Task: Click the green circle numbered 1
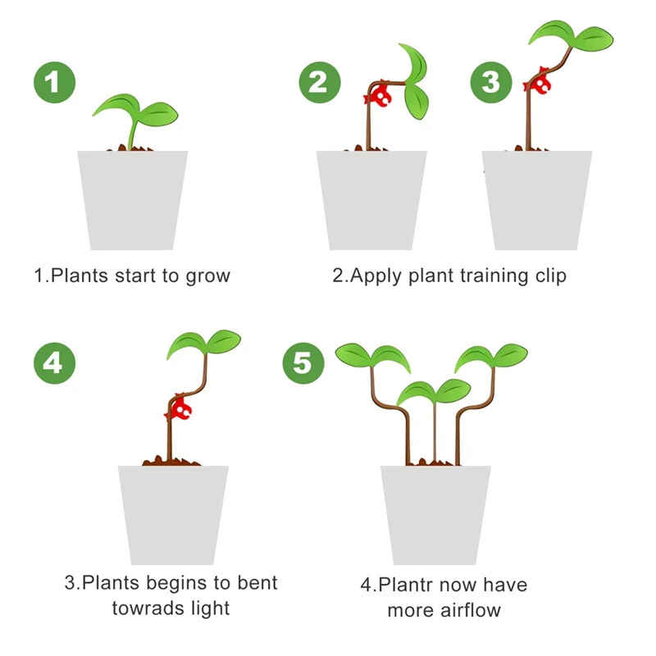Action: coord(54,82)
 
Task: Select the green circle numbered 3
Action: coord(490,82)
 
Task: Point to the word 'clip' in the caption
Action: coord(549,276)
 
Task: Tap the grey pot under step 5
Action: coord(435,515)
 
